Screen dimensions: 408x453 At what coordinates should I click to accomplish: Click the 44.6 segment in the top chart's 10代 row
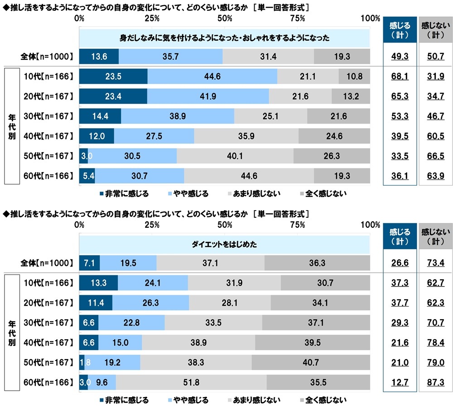pyautogui.click(x=212, y=77)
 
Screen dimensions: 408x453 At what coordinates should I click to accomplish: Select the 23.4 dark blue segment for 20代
pyautogui.click(x=113, y=96)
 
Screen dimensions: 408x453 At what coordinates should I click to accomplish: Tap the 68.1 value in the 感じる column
pyautogui.click(x=399, y=77)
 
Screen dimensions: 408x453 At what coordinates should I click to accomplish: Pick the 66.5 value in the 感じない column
pyautogui.click(x=435, y=156)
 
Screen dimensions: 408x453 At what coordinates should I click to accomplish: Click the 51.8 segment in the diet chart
pyautogui.click(x=191, y=382)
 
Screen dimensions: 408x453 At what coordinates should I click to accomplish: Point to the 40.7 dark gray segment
pyautogui.click(x=310, y=362)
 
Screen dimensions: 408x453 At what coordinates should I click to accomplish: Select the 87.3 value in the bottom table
pyautogui.click(x=435, y=383)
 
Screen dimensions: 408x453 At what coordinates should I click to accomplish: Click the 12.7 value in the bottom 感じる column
pyautogui.click(x=399, y=383)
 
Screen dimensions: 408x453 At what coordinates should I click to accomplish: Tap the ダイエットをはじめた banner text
pyautogui.click(x=225, y=244)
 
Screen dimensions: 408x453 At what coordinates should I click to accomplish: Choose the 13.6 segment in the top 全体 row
pyautogui.click(x=99, y=57)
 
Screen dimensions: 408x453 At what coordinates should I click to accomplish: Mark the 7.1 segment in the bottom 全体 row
pyautogui.click(x=89, y=263)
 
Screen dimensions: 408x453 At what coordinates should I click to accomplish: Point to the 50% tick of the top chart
pyautogui.click(x=225, y=19)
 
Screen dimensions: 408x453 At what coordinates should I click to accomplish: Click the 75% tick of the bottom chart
pyautogui.click(x=297, y=225)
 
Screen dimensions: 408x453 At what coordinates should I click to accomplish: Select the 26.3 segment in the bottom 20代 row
pyautogui.click(x=150, y=302)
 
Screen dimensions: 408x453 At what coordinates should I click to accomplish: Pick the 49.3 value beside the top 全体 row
pyautogui.click(x=399, y=57)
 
